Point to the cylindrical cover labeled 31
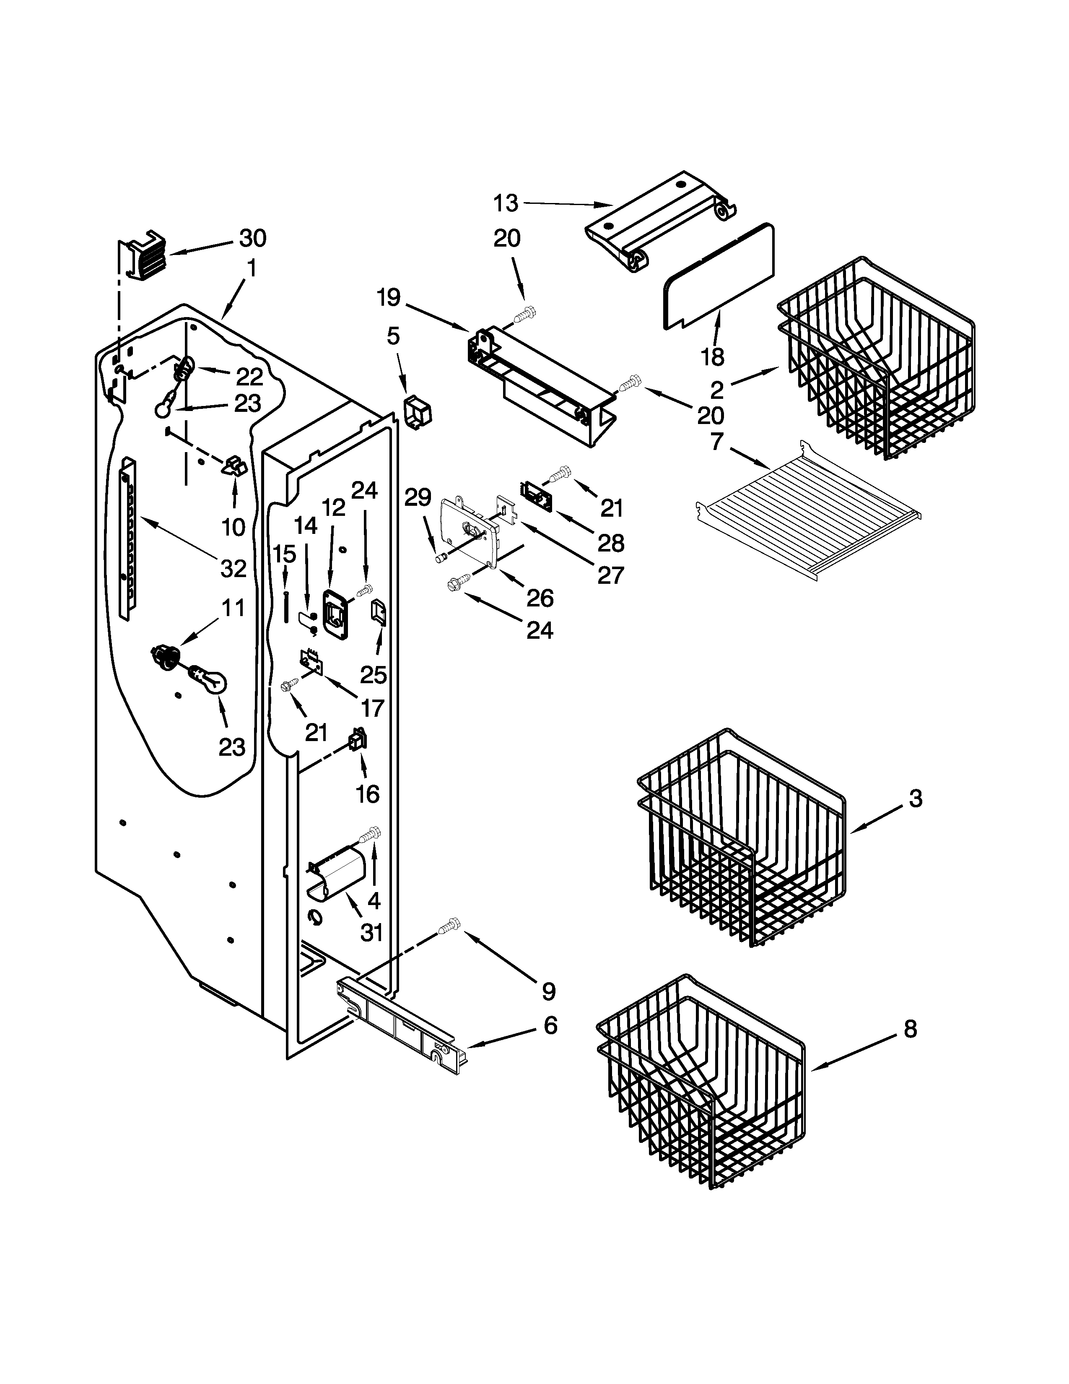point(337,874)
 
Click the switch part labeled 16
point(358,739)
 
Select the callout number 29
point(418,497)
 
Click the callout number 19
point(389,297)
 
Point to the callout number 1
point(252,269)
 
